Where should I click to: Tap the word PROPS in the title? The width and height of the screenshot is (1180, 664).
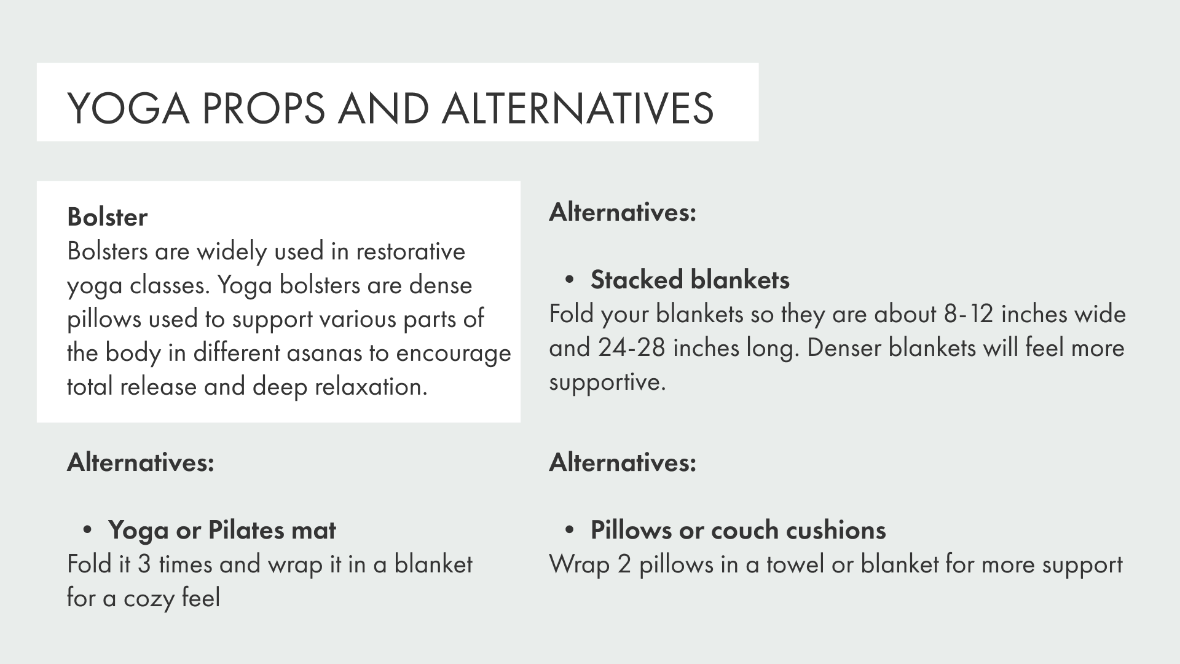[x=262, y=108]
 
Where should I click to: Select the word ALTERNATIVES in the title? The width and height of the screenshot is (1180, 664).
[x=577, y=108]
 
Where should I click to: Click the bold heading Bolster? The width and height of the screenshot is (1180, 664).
[x=107, y=217]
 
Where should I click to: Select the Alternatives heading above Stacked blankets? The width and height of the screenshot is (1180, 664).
[x=623, y=212]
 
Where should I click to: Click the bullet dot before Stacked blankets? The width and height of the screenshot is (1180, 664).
[x=570, y=280]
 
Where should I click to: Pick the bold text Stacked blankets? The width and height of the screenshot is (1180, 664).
[x=690, y=280]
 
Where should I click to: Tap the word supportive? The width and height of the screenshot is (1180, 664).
[x=607, y=382]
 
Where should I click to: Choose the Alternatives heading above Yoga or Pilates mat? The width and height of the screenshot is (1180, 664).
[x=140, y=462]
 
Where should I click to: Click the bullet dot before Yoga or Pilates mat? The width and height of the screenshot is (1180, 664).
[x=87, y=531]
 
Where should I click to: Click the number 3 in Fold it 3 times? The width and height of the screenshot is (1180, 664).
[x=144, y=564]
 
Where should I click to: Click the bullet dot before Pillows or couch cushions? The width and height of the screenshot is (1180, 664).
[x=570, y=531]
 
